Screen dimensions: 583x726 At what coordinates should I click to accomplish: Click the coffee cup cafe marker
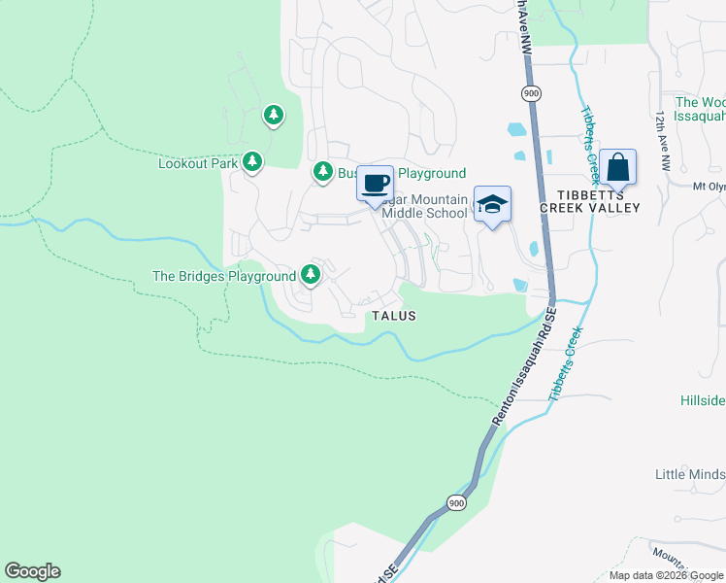[376, 182]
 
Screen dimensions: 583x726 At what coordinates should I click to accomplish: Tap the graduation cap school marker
[492, 205]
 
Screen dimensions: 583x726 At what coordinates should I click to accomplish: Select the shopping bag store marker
[617, 168]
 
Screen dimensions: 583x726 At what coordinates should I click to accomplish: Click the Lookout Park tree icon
[252, 162]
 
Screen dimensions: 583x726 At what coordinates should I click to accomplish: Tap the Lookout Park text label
[198, 163]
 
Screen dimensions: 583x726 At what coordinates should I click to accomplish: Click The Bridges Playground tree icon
[311, 276]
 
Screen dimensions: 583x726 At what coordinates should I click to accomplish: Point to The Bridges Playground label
[224, 276]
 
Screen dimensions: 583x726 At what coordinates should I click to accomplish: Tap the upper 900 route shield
[530, 93]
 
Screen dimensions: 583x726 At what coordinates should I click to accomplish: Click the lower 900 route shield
[457, 502]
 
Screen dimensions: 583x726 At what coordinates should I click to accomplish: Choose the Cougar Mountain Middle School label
[425, 206]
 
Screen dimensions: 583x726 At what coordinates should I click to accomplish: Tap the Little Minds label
[689, 474]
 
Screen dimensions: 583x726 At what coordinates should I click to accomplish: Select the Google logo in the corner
[32, 571]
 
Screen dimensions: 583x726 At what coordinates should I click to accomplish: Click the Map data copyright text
[666, 575]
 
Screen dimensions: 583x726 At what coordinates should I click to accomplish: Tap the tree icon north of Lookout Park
[274, 117]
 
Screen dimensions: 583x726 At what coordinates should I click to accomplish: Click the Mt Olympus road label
[709, 187]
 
